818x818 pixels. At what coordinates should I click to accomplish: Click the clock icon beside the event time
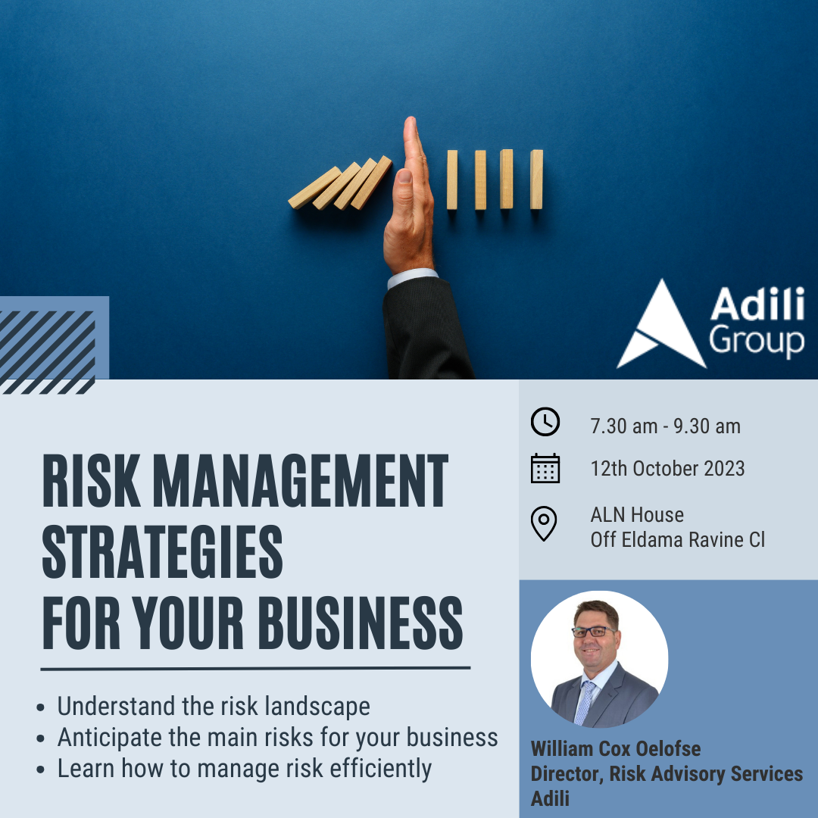coord(545,422)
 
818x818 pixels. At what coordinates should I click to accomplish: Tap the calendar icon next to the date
coord(545,468)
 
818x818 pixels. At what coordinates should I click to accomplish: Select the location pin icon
coord(544,523)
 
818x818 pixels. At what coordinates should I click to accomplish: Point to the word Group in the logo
coord(757,342)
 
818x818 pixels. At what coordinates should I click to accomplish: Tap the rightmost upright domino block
coord(536,180)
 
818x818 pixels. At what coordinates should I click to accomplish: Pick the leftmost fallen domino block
coord(314,188)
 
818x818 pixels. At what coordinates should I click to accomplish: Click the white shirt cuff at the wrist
coord(411,277)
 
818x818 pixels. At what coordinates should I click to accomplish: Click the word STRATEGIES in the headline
coord(162,551)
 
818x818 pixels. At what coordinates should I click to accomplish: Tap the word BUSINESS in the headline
coord(361,623)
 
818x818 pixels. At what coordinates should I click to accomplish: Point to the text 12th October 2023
coord(667,469)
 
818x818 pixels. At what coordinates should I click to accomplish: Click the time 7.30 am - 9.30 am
coord(665,426)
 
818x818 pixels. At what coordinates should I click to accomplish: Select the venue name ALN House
coord(637,515)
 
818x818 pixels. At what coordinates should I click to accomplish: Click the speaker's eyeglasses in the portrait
coord(594,632)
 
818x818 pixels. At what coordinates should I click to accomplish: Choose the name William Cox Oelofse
coord(616,748)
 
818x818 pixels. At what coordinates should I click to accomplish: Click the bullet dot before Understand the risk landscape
coord(41,708)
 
